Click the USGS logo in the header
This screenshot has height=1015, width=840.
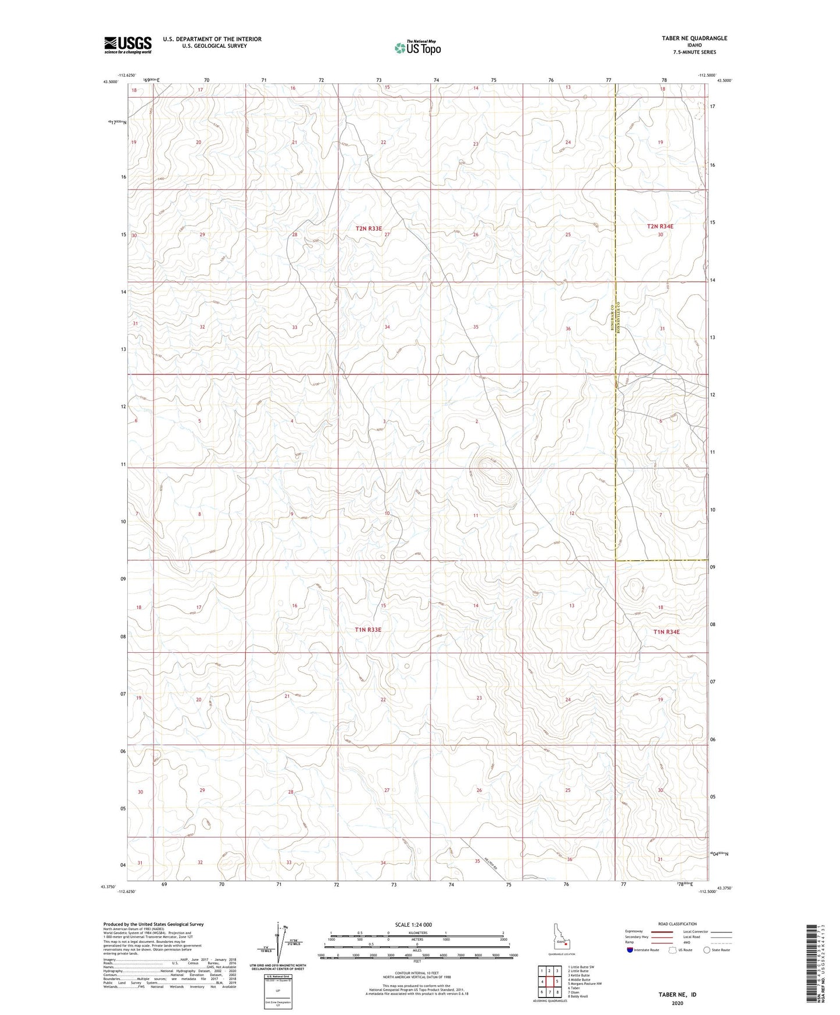(x=128, y=45)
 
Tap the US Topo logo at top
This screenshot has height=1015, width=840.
(x=417, y=48)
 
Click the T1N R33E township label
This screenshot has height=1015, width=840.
(x=368, y=630)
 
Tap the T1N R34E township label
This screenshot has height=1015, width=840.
(x=666, y=631)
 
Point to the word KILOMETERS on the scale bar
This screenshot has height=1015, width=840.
(x=417, y=933)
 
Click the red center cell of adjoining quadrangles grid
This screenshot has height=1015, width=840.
(x=549, y=982)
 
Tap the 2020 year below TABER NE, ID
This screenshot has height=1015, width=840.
(x=677, y=1003)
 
